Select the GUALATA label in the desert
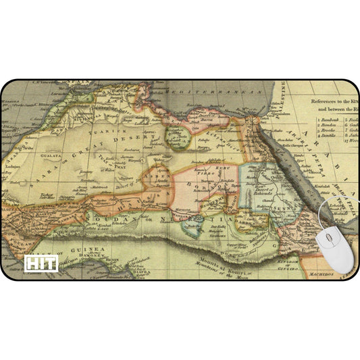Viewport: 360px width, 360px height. [51, 154]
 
